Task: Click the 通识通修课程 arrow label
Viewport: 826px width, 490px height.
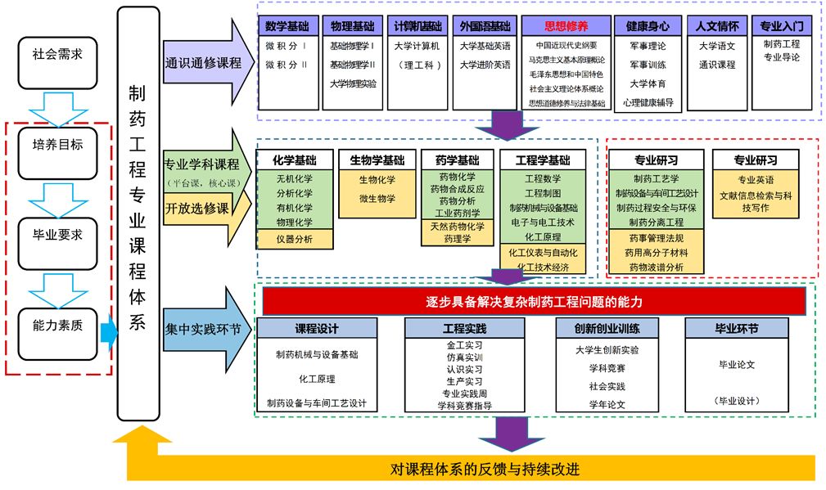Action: pyautogui.click(x=204, y=63)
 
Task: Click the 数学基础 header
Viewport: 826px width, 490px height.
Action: pyautogui.click(x=286, y=26)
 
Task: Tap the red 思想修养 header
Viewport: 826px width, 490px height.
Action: pyautogui.click(x=566, y=26)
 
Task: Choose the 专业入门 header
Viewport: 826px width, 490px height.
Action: pyautogui.click(x=781, y=26)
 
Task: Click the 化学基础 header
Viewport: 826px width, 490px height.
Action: pyautogui.click(x=295, y=160)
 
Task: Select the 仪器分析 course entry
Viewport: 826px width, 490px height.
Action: pyautogui.click(x=295, y=238)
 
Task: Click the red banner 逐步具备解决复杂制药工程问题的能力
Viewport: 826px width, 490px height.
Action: pyautogui.click(x=534, y=302)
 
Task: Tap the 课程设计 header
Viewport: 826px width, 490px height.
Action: pyautogui.click(x=317, y=328)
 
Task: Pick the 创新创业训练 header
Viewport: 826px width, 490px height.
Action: pyautogui.click(x=607, y=328)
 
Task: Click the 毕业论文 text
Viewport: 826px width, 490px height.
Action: pyautogui.click(x=736, y=365)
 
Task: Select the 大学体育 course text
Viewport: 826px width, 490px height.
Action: pyautogui.click(x=648, y=83)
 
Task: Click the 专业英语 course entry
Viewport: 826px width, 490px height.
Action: pyautogui.click(x=756, y=179)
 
